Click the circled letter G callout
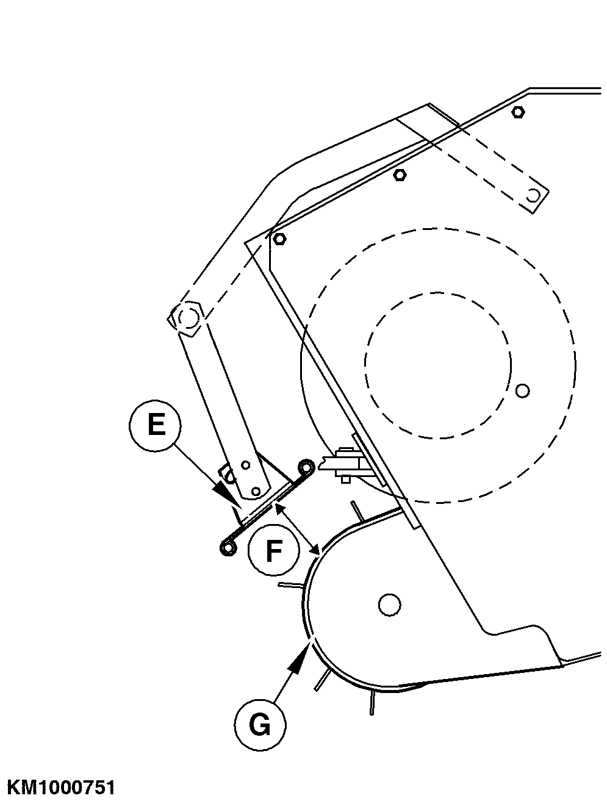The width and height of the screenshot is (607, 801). [260, 724]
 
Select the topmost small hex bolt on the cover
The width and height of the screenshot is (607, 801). [518, 112]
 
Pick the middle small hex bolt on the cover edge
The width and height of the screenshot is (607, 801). [400, 175]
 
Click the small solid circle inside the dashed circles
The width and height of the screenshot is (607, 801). [522, 390]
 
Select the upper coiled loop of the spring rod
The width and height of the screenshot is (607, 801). [306, 467]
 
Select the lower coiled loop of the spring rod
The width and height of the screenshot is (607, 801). [228, 547]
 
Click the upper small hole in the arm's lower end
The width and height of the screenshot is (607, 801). [246, 465]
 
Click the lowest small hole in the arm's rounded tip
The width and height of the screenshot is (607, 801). [256, 491]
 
